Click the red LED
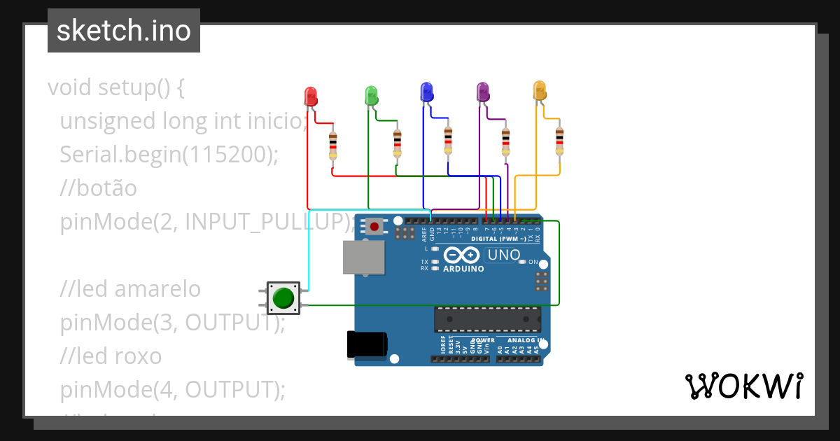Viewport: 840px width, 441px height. coord(311,97)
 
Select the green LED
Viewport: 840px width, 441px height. coord(371,95)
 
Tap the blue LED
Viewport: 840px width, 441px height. coord(426,92)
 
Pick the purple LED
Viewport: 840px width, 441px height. coord(482,92)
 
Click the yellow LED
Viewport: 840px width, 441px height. coord(539,90)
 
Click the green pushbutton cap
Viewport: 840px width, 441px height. coord(283,297)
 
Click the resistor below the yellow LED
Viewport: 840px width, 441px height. coord(559,141)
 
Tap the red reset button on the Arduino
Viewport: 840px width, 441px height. coord(374,226)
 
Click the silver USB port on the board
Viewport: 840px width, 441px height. coord(363,258)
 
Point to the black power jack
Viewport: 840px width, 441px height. coord(367,345)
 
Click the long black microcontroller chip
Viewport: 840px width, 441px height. coord(487,318)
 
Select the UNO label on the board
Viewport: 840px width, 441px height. coord(503,255)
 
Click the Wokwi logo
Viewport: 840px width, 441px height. coord(743,386)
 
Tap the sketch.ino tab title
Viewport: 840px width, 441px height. coord(123,31)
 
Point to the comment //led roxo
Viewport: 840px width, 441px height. coord(111,356)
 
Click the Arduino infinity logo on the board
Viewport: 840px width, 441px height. coord(461,255)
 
